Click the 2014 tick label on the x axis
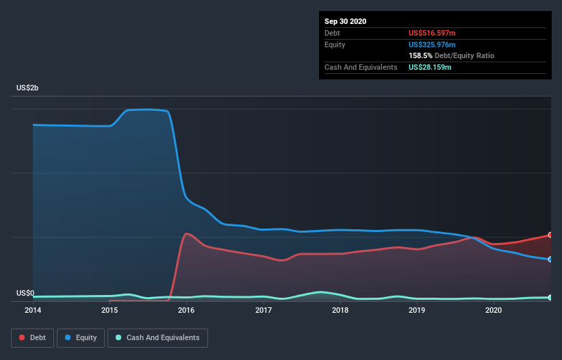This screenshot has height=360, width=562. pyautogui.click(x=33, y=310)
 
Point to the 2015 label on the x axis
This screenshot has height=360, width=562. pyautogui.click(x=110, y=310)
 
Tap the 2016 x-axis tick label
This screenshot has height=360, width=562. pyautogui.click(x=186, y=310)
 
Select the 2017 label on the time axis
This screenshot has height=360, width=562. pyautogui.click(x=264, y=310)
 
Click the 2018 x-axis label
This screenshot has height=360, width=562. pyautogui.click(x=340, y=310)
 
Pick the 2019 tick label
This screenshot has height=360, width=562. pyautogui.click(x=417, y=310)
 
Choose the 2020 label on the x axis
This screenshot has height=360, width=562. pyautogui.click(x=494, y=310)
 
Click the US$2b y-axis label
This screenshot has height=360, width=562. pyautogui.click(x=28, y=88)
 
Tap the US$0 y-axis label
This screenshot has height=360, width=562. pyautogui.click(x=25, y=293)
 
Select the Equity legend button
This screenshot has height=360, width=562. pyautogui.click(x=81, y=337)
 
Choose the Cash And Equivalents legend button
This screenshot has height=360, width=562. pyautogui.click(x=157, y=337)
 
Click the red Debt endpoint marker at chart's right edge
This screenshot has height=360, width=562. pyautogui.click(x=550, y=235)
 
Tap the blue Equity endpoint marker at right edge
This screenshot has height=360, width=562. pyautogui.click(x=550, y=259)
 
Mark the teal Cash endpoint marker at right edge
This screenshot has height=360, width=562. pyautogui.click(x=550, y=297)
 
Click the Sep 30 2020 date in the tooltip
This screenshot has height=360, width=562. pyautogui.click(x=345, y=21)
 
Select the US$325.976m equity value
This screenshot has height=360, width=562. pyautogui.click(x=432, y=44)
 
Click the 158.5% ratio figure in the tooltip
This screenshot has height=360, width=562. pyautogui.click(x=420, y=55)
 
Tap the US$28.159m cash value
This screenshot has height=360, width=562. pyautogui.click(x=430, y=67)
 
